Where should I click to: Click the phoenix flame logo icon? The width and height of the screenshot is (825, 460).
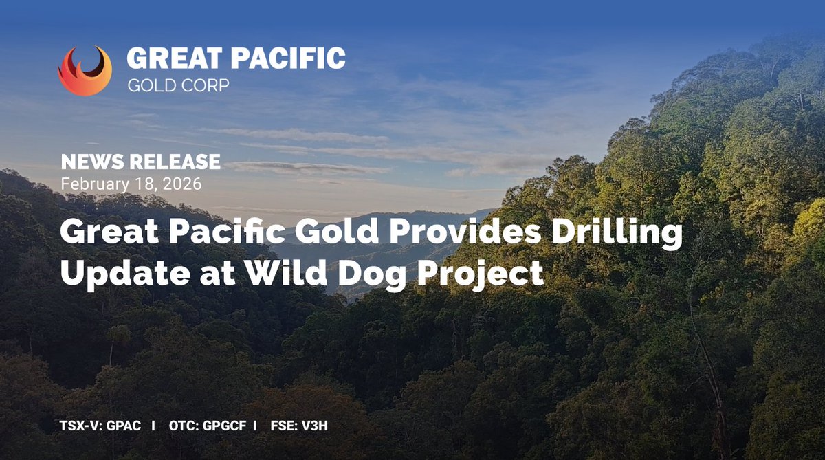click(85, 71)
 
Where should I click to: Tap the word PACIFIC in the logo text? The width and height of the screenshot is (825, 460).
click(289, 59)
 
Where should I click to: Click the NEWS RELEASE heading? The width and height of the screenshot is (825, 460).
click(140, 162)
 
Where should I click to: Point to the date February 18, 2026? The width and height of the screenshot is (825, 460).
click(131, 184)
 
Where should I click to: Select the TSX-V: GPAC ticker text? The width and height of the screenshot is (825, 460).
click(100, 426)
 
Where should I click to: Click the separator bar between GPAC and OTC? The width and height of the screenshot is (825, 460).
click(153, 426)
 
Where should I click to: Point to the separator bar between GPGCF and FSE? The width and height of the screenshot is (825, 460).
click(255, 426)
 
